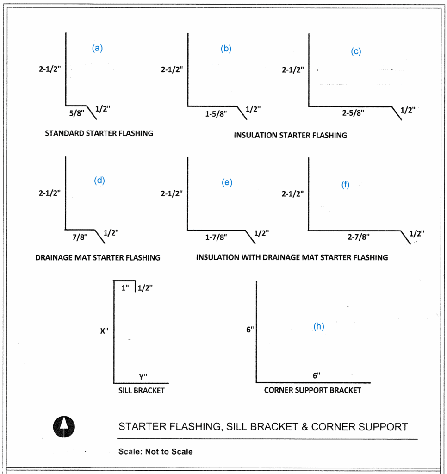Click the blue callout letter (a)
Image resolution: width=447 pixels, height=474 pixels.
(97, 48)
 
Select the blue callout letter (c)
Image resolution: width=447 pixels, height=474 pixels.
(356, 51)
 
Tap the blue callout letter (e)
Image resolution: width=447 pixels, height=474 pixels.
(227, 182)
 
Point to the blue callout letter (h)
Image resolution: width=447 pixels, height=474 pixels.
(319, 326)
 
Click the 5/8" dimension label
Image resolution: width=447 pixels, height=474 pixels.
(74, 113)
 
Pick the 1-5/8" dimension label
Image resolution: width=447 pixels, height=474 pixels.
(216, 114)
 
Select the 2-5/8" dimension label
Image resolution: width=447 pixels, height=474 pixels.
(353, 113)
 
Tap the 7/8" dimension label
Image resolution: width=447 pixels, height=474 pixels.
(80, 237)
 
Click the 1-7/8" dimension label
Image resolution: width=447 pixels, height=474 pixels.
(216, 237)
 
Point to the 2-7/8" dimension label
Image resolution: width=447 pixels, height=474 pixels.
(359, 237)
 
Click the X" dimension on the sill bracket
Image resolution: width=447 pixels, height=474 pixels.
(104, 331)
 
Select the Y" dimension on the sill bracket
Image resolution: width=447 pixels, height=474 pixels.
(143, 377)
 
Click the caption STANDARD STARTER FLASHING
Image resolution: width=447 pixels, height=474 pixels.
(99, 133)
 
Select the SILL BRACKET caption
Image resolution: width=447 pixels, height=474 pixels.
(141, 390)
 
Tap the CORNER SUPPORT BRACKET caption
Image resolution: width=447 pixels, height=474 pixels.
(312, 390)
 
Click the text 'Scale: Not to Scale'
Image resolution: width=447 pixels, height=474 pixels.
(155, 451)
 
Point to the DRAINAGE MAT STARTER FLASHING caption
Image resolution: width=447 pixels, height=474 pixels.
(98, 257)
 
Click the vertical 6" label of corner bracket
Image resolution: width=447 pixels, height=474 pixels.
(250, 330)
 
